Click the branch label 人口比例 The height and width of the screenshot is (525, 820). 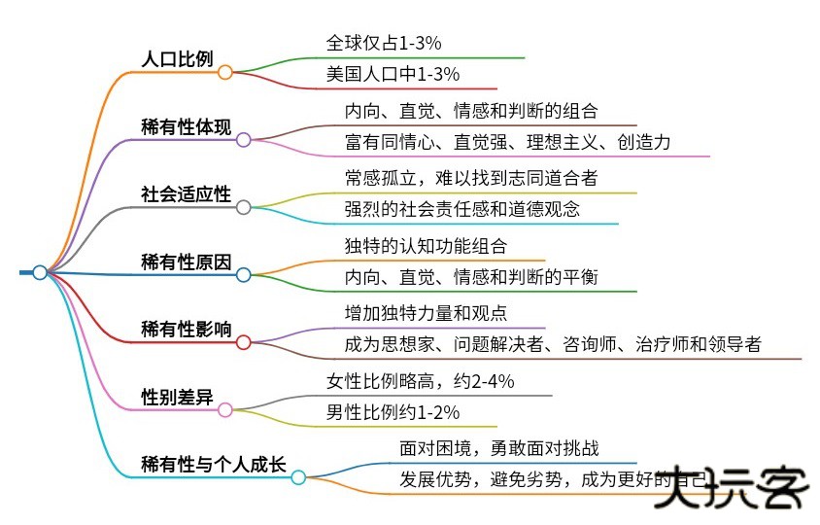point(177,58)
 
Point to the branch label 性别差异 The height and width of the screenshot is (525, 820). point(177,397)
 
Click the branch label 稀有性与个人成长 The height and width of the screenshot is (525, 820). point(213,464)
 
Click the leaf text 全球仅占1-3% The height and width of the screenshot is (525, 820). point(385,43)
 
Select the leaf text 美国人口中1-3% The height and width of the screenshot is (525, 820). point(393,74)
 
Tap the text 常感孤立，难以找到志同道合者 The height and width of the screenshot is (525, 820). point(470,178)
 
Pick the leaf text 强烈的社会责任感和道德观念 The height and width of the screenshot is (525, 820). point(463,209)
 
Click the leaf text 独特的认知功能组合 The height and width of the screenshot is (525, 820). point(426,246)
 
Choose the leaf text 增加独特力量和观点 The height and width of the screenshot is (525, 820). point(426,313)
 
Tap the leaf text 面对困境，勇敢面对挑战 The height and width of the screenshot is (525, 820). point(499,448)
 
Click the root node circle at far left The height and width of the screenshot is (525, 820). point(40,272)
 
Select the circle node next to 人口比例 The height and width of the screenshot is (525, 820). point(225,72)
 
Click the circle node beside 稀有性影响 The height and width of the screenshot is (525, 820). point(244,342)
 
